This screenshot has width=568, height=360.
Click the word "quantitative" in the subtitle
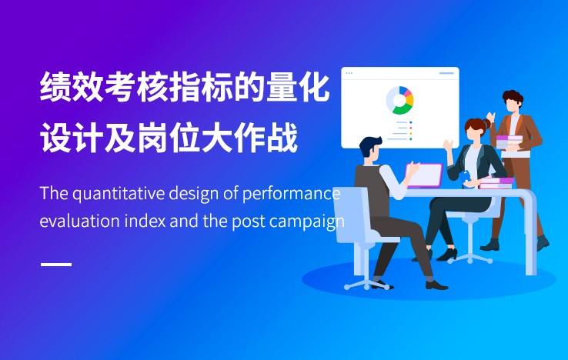point(118,194)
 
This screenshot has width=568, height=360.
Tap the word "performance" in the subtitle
point(291,195)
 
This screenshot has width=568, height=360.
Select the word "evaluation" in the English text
point(79,221)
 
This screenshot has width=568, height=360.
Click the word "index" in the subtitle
point(145,221)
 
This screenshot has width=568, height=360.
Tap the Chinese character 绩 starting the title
point(55,87)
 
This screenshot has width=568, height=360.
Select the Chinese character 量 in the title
point(282,87)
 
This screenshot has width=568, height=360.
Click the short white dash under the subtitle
point(56,265)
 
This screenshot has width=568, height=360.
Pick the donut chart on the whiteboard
point(399,100)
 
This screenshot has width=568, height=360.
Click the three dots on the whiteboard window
point(349,73)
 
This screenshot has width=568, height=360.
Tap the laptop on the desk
point(424,175)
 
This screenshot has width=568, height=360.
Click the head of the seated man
point(370,148)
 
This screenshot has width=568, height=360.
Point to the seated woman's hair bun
point(486,124)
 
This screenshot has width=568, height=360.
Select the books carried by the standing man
point(510,143)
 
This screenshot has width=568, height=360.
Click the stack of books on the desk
point(496,183)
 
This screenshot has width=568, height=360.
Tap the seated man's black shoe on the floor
point(436,285)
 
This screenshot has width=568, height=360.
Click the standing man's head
point(513,102)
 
